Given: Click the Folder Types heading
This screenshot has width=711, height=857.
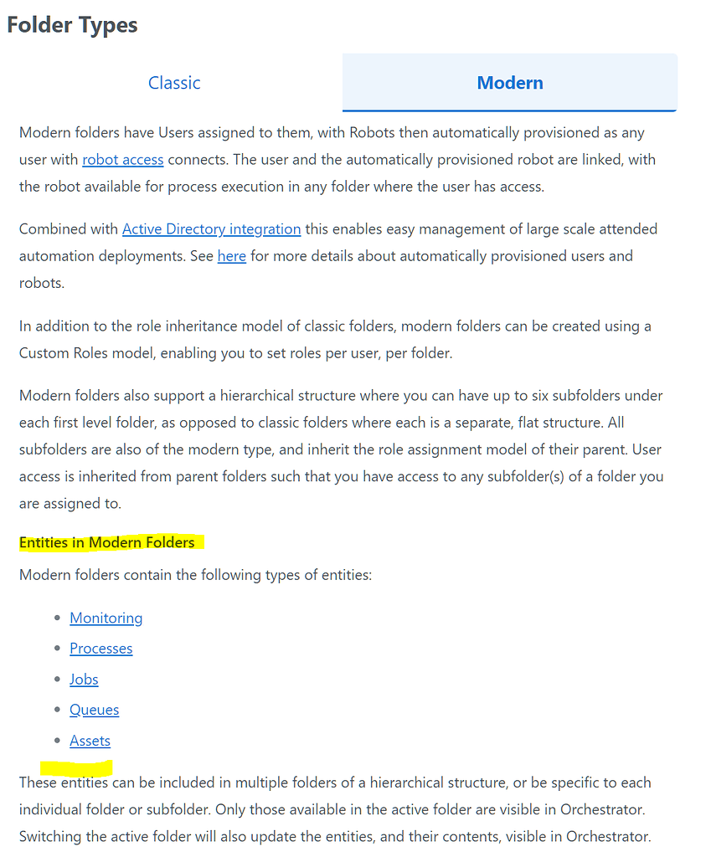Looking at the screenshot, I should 72,24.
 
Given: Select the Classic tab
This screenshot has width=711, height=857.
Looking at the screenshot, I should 174,83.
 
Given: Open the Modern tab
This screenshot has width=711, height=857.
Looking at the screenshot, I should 510,83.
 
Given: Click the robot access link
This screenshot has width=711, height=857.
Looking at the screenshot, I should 122,159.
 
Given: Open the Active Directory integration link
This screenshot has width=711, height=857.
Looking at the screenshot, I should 211,228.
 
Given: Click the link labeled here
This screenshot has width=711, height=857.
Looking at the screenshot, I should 231,256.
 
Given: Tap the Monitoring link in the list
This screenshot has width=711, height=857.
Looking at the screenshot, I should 106,618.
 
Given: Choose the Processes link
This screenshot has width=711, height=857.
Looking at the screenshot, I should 100,649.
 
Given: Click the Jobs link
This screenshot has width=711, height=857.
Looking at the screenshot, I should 84,680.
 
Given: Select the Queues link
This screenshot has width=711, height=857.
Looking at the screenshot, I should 94,710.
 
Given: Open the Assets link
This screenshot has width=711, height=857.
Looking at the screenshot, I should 90,741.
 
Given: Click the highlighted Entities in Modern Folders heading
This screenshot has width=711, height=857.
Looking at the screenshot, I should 107,542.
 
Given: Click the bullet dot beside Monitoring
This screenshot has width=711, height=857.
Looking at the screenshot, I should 57,618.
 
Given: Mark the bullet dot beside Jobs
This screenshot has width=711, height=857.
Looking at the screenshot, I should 57,680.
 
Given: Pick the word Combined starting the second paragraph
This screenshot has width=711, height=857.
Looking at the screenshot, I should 52,228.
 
